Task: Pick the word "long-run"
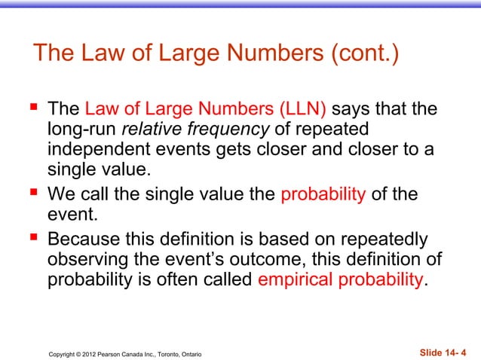(x=81, y=130)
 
